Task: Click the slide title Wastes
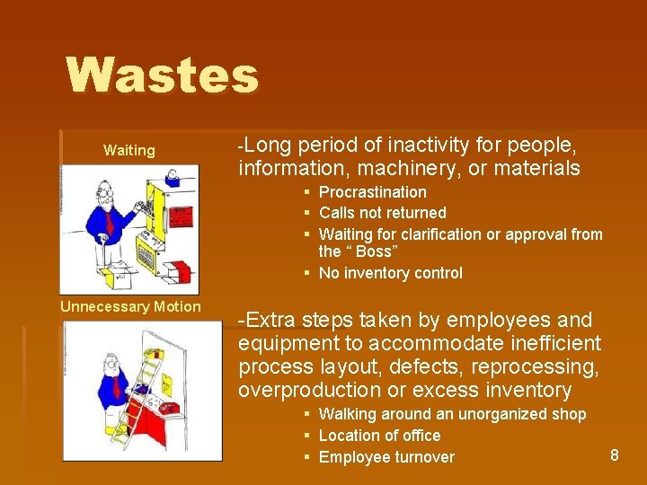click(x=162, y=75)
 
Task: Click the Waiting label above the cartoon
click(x=129, y=150)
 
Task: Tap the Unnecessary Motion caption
click(x=130, y=306)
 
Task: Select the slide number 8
click(x=615, y=455)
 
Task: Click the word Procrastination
click(x=372, y=192)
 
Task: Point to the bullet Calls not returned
click(x=382, y=213)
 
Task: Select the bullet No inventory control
click(x=390, y=273)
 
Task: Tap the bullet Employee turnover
click(x=386, y=457)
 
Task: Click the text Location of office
click(x=379, y=436)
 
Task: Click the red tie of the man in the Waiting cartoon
click(x=109, y=219)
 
